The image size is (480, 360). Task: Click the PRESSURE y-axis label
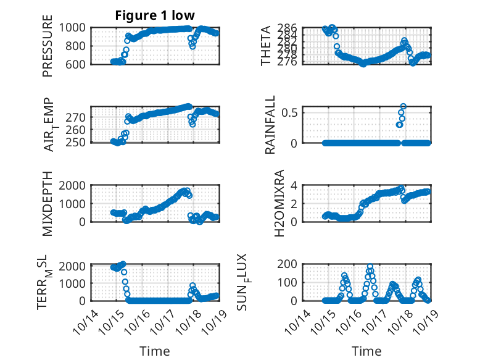pos(48,46)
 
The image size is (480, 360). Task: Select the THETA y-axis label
pos(266,46)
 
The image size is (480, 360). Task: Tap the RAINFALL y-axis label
pos(270,125)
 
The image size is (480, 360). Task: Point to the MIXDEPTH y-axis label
pos(48,204)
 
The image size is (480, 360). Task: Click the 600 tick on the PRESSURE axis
pos(78,64)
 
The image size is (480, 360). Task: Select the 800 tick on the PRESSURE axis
pos(78,46)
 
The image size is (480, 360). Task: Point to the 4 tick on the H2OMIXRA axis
pos(296,185)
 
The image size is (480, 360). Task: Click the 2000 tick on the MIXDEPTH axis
pos(75,185)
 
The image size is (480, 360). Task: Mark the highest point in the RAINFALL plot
pos(403,106)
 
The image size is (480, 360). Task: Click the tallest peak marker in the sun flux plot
pos(370,267)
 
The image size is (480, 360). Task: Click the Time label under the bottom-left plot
pos(154,351)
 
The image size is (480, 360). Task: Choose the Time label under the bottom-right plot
pos(366,351)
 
